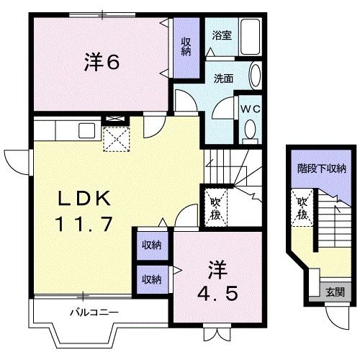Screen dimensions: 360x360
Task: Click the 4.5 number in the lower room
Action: (x=217, y=294)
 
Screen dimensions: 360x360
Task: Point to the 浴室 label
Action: (x=222, y=35)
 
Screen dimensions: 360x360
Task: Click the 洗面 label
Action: (x=222, y=78)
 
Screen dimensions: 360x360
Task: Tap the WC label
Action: (x=251, y=108)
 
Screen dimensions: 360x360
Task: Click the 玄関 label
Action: (x=334, y=292)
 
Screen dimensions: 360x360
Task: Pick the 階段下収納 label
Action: (x=322, y=169)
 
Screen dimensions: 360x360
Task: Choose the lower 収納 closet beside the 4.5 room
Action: (x=151, y=279)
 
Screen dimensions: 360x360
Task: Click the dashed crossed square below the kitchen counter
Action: (x=115, y=138)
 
